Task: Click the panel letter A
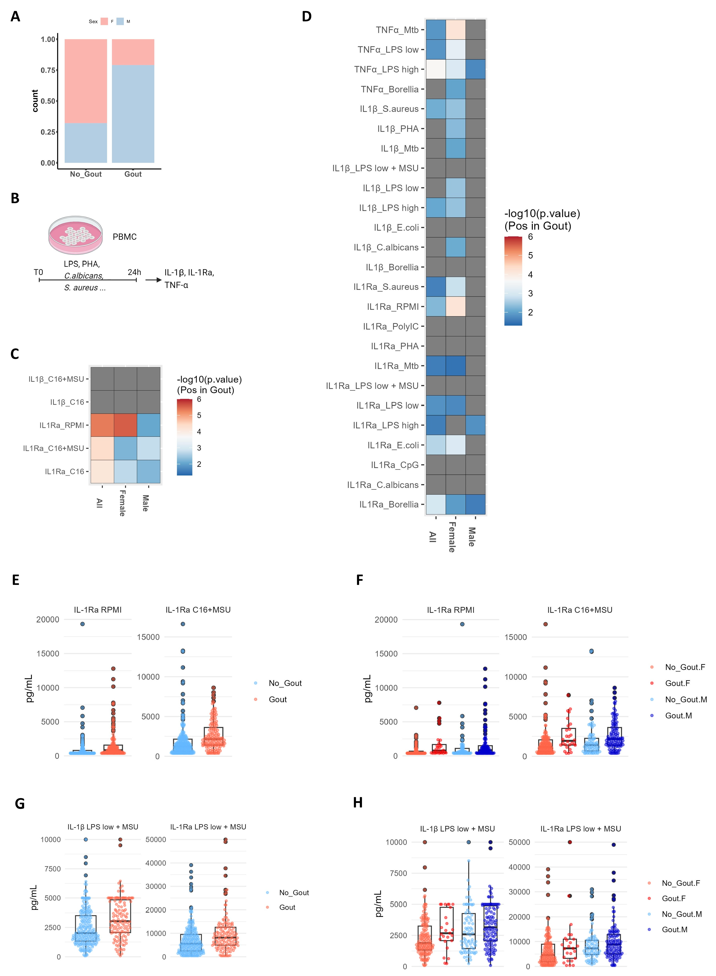15,16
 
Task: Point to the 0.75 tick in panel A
48,70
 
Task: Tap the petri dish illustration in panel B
76,235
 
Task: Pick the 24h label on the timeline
134,272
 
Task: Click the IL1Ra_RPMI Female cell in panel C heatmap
126,425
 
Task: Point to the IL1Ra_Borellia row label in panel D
389,504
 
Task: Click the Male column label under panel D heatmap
472,537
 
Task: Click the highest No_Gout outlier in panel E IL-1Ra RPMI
82,624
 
